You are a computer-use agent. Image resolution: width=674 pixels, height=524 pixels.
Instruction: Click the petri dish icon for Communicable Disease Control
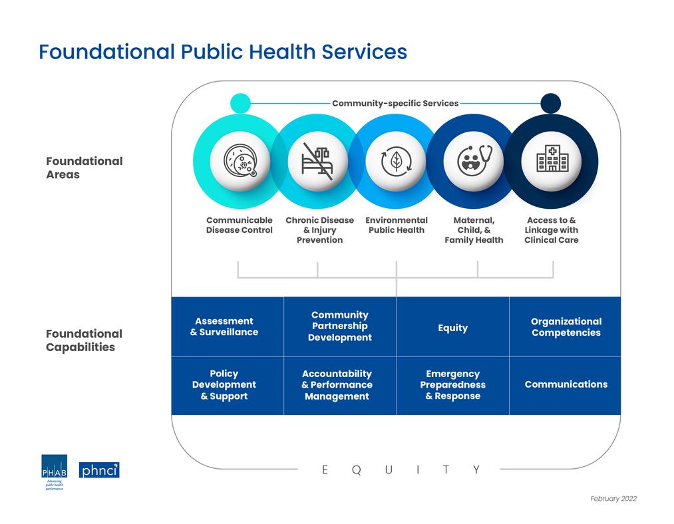(x=240, y=162)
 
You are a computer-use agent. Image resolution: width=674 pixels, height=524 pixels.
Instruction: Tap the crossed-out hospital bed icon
(x=317, y=162)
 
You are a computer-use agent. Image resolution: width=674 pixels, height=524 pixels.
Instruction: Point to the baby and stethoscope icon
(x=473, y=162)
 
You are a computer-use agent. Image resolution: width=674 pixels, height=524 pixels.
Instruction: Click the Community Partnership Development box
(x=340, y=327)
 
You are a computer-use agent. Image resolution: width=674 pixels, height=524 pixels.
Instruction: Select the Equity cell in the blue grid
(x=452, y=327)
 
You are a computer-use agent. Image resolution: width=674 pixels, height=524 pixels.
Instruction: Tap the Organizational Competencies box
(x=566, y=327)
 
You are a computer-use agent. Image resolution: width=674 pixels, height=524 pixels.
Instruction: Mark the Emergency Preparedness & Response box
(x=452, y=385)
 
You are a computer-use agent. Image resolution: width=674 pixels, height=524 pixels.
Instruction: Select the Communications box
(x=566, y=384)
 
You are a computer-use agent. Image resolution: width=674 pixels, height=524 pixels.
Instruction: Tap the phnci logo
(x=99, y=470)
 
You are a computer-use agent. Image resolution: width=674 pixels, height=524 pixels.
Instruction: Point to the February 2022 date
(x=613, y=499)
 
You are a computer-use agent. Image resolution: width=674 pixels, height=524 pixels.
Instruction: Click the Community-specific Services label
(x=395, y=103)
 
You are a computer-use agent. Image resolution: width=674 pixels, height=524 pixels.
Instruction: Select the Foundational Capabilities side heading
(x=84, y=340)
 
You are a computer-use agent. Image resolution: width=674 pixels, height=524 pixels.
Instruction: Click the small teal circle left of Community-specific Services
(x=240, y=103)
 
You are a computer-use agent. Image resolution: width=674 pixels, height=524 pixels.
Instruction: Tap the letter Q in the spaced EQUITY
(x=356, y=470)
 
